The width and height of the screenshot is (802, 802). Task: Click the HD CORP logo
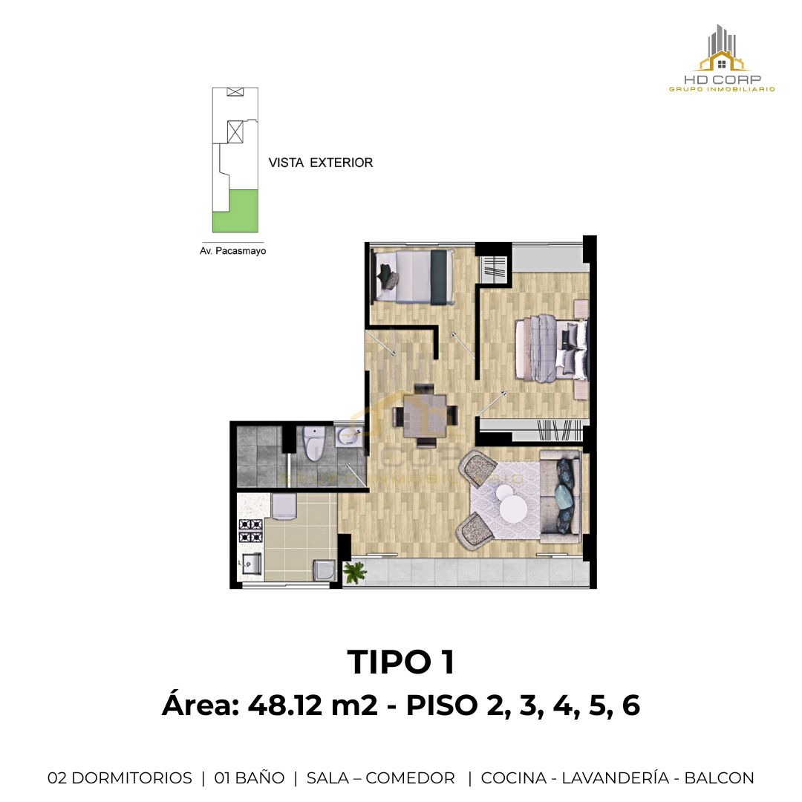pos(722,59)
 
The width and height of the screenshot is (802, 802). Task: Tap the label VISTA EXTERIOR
pos(321,163)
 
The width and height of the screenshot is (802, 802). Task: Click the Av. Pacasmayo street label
pos(232,251)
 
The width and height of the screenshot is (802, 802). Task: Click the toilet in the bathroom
pos(312,443)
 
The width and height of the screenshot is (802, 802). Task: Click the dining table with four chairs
pos(425,415)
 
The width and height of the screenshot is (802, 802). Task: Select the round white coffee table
pos(513,508)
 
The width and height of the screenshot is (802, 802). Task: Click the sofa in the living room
pos(560,497)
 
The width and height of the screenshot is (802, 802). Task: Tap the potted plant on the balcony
pos(354,573)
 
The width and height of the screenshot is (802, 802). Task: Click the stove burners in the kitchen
pos(251,530)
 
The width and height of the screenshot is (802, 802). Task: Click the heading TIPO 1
pos(401,662)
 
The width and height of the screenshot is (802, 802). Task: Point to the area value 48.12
pos(285,705)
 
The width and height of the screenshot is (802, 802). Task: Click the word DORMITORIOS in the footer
pos(132,778)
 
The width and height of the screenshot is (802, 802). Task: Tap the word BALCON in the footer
pos(719,778)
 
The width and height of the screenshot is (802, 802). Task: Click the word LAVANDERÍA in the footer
pos(616,777)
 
